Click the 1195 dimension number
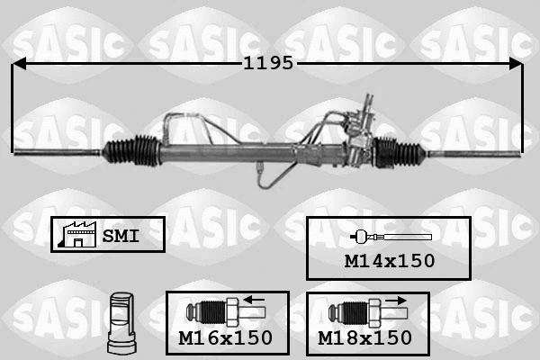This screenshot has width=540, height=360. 267,64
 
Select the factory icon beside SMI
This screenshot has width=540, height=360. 74,234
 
